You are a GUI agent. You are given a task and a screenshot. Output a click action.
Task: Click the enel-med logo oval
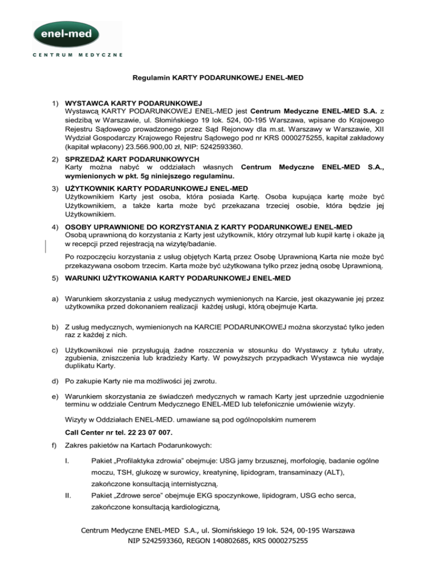coord(77,36)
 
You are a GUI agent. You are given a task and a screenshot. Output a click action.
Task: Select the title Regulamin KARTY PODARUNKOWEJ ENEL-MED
coord(218,81)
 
